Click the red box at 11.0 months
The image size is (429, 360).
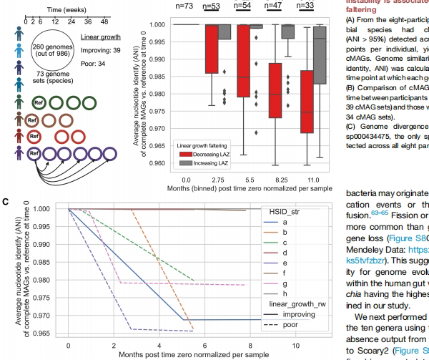click(x=307, y=102)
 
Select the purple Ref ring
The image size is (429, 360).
click(x=33, y=154)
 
